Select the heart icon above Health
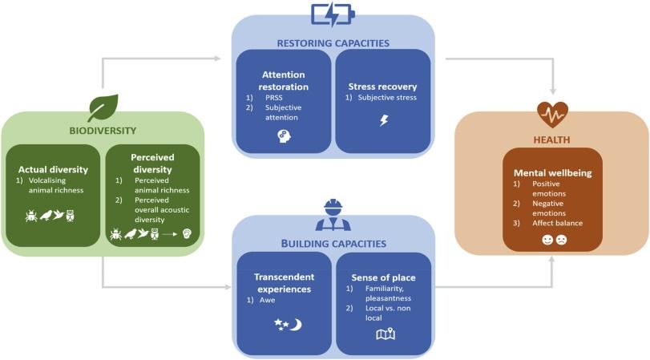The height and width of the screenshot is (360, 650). pos(552,115)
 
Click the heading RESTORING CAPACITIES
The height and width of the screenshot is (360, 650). pos(333,43)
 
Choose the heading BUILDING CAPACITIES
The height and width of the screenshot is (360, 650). pos(333,243)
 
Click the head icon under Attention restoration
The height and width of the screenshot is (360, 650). pos(283,136)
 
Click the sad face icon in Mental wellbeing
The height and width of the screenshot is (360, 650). pos(561,240)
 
